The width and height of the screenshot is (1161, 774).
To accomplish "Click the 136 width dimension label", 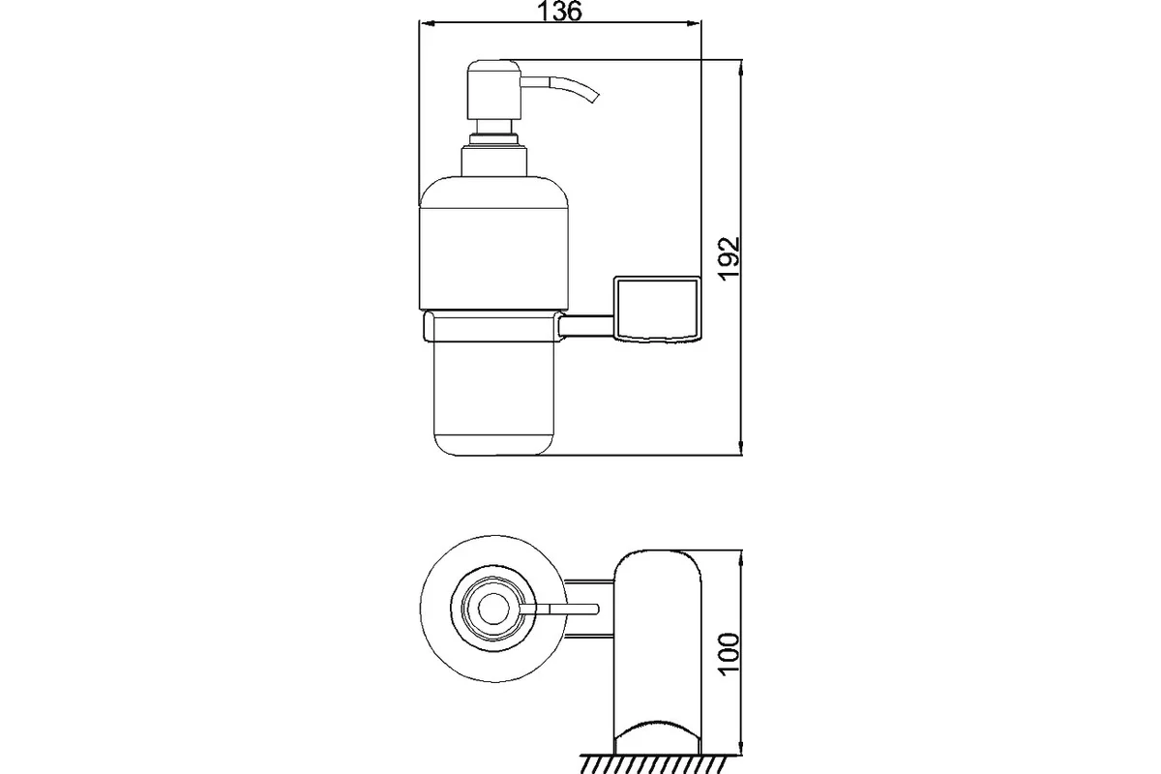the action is point(560,12).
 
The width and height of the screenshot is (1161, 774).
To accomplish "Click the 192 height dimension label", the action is point(729,259).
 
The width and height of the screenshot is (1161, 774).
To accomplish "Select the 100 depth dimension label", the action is point(729,654).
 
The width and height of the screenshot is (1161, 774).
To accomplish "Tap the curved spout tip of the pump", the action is point(594,98).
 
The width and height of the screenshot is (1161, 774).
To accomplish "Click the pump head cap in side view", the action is point(493,90).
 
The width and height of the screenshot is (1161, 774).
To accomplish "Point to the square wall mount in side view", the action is point(657,309).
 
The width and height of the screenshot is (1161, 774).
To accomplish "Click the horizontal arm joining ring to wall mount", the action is point(586,327).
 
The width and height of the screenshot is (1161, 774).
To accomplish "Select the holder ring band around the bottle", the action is point(492,327).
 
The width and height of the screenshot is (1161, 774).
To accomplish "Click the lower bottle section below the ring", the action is point(493,399).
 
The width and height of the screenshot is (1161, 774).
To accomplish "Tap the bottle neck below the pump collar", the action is point(494,162).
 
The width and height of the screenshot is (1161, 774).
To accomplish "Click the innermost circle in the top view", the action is point(492,609).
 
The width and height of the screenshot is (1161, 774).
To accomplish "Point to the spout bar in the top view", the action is point(560,609).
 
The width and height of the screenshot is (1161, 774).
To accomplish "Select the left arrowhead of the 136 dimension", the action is point(426,23).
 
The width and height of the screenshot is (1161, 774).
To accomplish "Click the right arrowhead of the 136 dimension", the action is point(694,23).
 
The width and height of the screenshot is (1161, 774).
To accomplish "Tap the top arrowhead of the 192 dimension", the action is point(741,68).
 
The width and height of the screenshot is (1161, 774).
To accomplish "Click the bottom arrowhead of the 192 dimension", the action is point(741,448).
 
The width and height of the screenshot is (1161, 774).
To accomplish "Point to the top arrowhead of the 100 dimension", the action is point(741,558).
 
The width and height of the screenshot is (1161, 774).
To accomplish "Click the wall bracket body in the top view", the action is point(657,652).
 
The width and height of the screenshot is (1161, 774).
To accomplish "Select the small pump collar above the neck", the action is point(494,139).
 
